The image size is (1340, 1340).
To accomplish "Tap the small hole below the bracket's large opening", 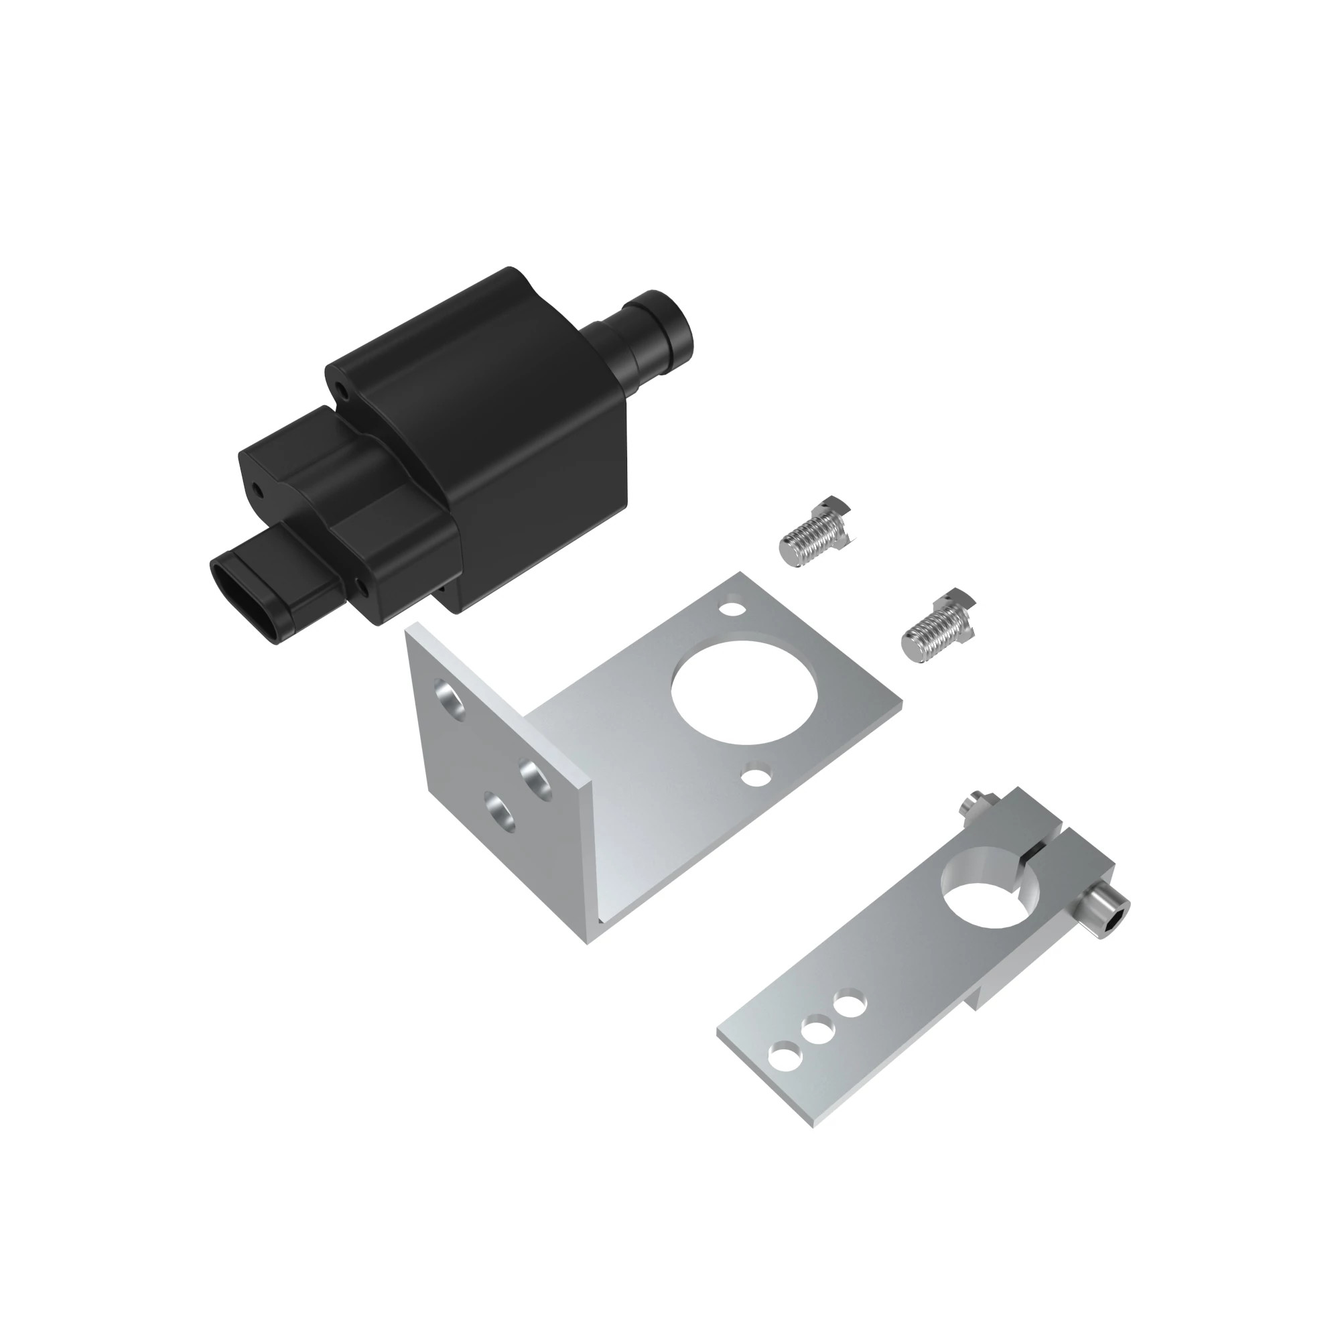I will pyautogui.click(x=756, y=775).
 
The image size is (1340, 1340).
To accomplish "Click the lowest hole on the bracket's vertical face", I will pyautogui.click(x=499, y=812).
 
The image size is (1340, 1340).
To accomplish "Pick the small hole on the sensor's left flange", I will pyautogui.click(x=257, y=491).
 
